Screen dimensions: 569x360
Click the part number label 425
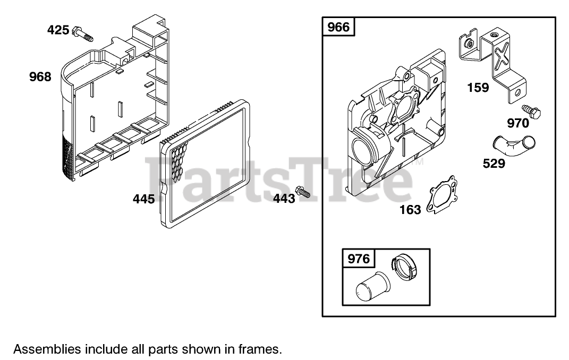click(x=58, y=30)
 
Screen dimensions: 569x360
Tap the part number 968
click(x=40, y=77)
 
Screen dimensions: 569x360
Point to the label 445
click(x=143, y=199)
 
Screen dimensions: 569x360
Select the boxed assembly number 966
click(x=338, y=27)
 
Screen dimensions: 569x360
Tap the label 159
click(x=478, y=88)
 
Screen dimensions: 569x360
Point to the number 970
click(x=517, y=124)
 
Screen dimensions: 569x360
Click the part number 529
click(x=494, y=164)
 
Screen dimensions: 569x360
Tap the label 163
click(x=410, y=209)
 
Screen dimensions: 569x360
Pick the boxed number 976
click(x=358, y=259)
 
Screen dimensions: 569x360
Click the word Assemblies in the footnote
click(x=47, y=349)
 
